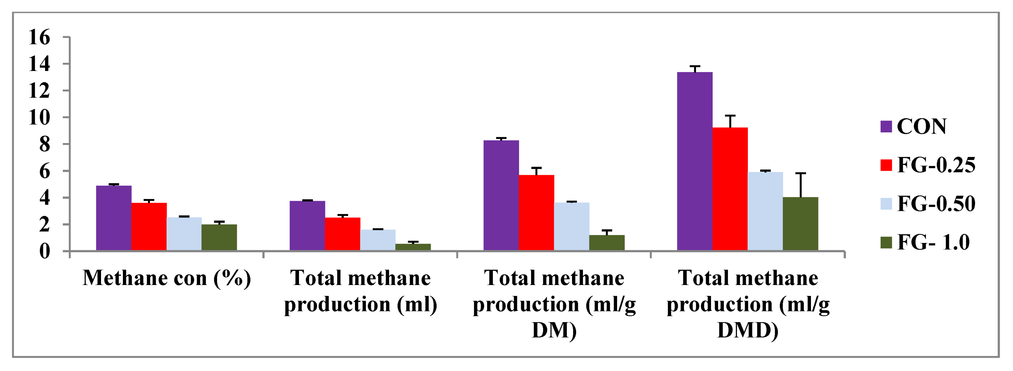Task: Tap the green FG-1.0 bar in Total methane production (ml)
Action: pyautogui.click(x=413, y=247)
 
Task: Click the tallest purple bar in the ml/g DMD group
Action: pyautogui.click(x=695, y=161)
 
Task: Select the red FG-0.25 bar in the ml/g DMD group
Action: pyautogui.click(x=730, y=189)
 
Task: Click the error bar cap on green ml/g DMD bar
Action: pyautogui.click(x=801, y=173)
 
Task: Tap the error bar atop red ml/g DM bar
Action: pyautogui.click(x=537, y=168)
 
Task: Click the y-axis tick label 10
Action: pyautogui.click(x=39, y=117)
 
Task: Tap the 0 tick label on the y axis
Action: pyautogui.click(x=44, y=251)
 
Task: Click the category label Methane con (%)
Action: pyautogui.click(x=167, y=278)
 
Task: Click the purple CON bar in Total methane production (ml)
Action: pyautogui.click(x=307, y=225)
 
